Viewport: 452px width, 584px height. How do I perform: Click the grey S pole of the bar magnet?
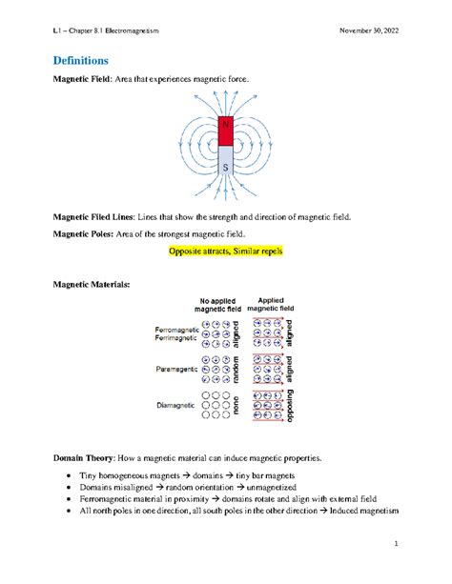tap(225, 164)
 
